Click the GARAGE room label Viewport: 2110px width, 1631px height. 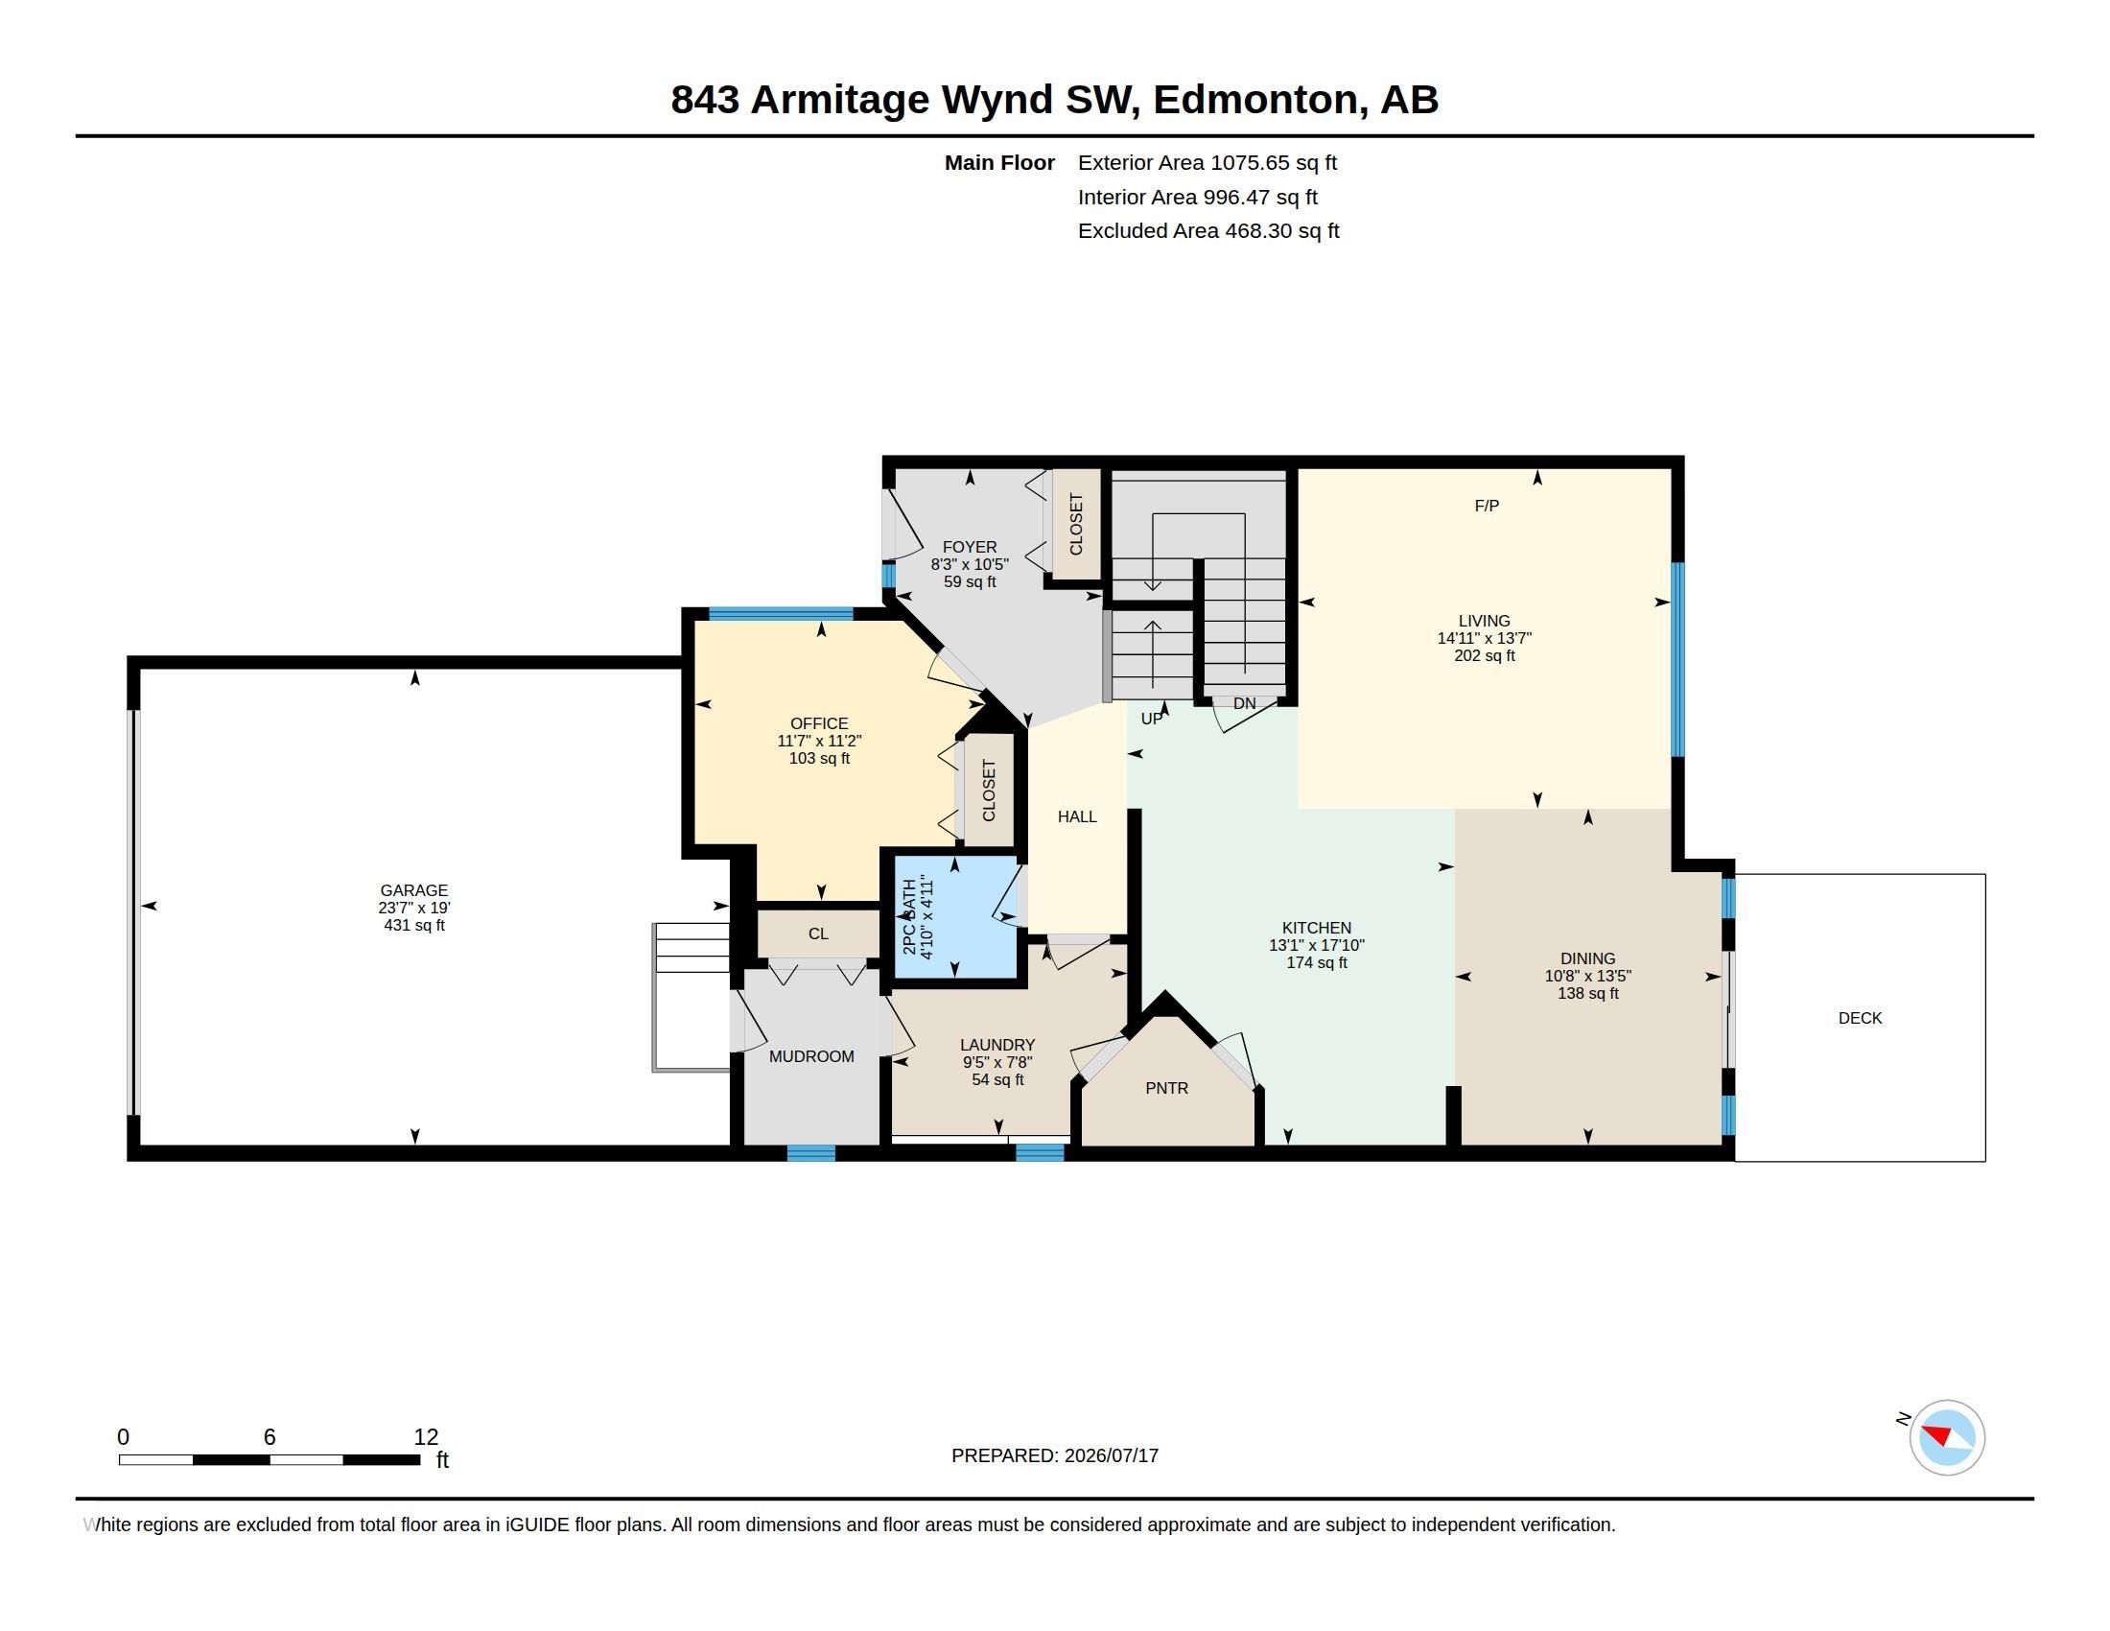(413, 890)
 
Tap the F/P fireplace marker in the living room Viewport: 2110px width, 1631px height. (1486, 506)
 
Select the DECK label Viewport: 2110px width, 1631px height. (1860, 1017)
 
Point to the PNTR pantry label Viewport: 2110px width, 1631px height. (1166, 1088)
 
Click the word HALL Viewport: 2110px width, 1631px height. (1077, 816)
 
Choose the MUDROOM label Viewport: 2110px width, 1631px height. (811, 1056)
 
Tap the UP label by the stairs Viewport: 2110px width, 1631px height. (1152, 719)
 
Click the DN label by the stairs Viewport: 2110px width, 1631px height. (1244, 703)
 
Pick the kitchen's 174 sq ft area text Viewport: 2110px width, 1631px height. (1316, 962)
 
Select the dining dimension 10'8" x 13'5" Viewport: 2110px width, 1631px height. (1587, 976)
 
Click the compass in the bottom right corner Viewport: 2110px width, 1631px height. (1947, 1437)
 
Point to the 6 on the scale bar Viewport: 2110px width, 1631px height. (270, 1437)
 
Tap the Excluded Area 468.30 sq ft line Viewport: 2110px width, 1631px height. (1208, 231)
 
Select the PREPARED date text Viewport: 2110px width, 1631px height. (1055, 1455)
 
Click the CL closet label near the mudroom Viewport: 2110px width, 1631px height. (818, 934)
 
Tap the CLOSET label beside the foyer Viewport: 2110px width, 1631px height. (1076, 525)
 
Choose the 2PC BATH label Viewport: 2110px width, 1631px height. (909, 916)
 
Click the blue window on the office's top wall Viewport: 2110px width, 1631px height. (781, 614)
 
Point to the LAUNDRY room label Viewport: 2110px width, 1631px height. (997, 1045)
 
